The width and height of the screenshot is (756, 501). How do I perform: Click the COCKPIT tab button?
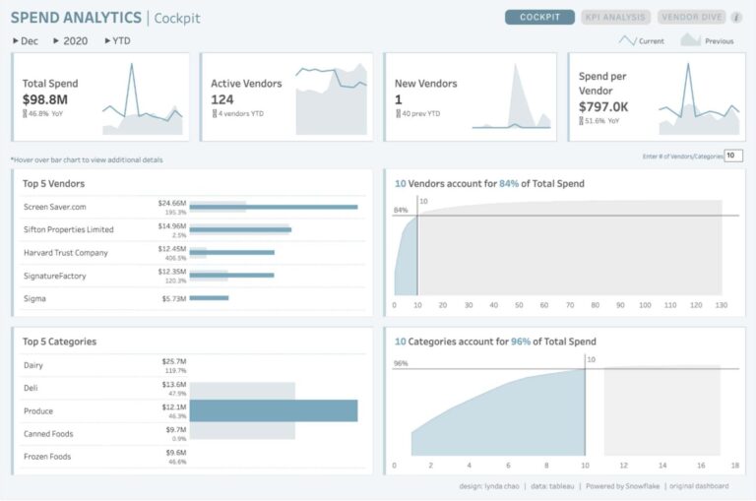539,17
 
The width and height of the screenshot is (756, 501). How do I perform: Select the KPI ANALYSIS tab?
615,17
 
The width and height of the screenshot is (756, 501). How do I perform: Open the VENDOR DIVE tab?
690,17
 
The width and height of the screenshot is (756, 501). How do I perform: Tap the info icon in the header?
736,17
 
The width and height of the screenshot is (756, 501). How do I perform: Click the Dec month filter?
26,41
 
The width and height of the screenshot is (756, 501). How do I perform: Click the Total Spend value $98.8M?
45,99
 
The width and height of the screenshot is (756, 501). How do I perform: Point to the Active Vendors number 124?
222,99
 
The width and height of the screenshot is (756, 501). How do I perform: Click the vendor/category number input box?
733,156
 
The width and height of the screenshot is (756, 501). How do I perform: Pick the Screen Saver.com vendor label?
55,207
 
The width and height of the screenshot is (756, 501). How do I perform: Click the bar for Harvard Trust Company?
231,252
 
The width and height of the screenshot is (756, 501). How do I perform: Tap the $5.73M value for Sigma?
171,298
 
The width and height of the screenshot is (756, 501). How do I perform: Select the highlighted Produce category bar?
273,410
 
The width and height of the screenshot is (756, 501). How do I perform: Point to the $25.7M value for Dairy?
173,361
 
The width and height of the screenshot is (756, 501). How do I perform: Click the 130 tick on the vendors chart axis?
721,306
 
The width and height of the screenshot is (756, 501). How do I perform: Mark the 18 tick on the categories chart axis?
735,465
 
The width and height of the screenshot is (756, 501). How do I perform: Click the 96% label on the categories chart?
401,363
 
